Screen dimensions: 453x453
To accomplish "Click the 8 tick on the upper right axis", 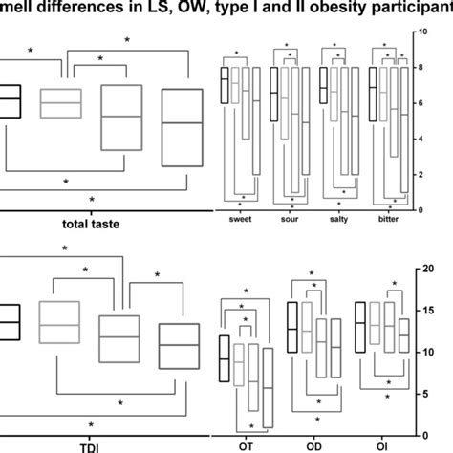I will (x=422, y=68).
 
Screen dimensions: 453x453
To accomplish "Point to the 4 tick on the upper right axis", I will (x=422, y=139).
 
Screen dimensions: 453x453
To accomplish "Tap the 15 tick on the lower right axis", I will (x=425, y=311).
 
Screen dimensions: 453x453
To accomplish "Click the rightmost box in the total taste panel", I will (x=182, y=124).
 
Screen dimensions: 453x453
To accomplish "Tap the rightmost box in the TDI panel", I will (x=179, y=346).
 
